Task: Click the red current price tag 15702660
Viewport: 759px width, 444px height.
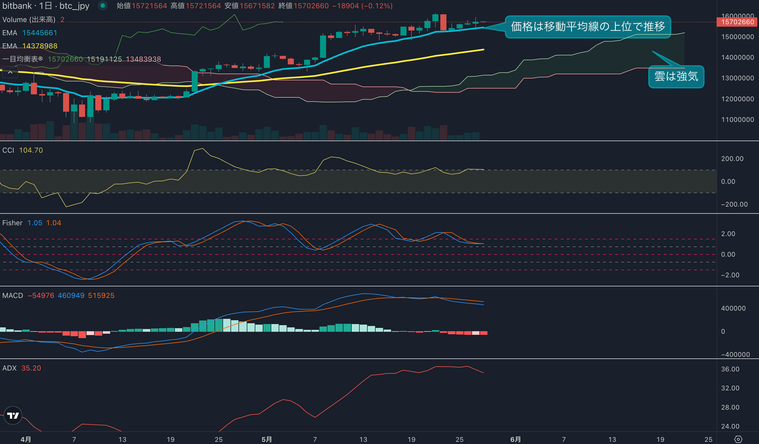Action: tap(737, 22)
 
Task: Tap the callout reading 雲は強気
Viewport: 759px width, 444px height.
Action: tap(676, 76)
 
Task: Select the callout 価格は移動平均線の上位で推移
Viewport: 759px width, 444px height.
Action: tap(588, 27)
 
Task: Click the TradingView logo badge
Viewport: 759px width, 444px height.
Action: tap(13, 415)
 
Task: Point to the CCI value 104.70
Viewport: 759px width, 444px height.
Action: tap(31, 150)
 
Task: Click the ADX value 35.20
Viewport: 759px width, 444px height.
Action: tap(31, 368)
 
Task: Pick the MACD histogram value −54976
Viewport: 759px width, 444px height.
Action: tap(41, 295)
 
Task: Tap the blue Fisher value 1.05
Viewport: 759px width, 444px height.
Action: tap(35, 223)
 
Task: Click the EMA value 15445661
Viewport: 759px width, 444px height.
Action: tap(40, 33)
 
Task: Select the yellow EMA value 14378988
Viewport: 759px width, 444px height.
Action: tap(40, 46)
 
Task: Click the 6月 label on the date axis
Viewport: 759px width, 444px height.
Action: tap(515, 439)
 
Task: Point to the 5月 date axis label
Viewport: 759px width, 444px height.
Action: tap(267, 439)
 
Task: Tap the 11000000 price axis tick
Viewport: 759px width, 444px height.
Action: tap(737, 120)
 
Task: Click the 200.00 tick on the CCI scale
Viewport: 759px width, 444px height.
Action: tap(732, 158)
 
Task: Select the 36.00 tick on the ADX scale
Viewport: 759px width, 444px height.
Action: tap(730, 369)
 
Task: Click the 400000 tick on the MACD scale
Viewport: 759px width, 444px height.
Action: tap(733, 308)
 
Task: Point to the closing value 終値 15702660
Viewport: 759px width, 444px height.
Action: tap(303, 6)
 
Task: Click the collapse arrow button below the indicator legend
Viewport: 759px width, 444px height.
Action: tap(10, 73)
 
